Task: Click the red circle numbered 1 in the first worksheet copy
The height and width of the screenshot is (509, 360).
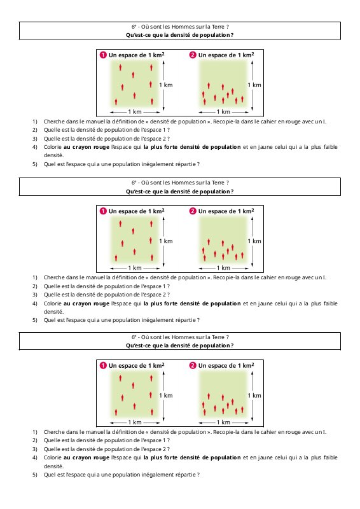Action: [x=103, y=55]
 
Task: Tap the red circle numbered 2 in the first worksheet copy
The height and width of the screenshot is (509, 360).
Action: [x=193, y=55]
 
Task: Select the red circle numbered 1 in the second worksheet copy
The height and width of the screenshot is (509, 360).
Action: [x=103, y=211]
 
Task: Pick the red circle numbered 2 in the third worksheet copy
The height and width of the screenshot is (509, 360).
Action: [x=193, y=365]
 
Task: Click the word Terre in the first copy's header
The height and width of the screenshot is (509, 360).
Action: [x=218, y=27]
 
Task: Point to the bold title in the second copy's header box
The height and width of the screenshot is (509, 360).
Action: [x=180, y=192]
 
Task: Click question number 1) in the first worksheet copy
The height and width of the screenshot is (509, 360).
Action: [x=35, y=122]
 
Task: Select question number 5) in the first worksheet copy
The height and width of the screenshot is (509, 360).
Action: [x=35, y=164]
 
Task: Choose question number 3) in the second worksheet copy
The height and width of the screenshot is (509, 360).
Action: [x=35, y=295]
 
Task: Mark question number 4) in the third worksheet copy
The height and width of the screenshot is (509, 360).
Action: [x=35, y=457]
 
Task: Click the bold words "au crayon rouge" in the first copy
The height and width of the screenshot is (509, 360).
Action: [x=87, y=147]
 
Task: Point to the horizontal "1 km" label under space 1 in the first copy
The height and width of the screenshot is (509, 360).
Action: [x=135, y=112]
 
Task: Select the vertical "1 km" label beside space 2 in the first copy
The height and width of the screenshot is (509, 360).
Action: [x=254, y=85]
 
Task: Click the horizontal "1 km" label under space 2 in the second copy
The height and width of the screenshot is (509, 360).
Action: [x=223, y=268]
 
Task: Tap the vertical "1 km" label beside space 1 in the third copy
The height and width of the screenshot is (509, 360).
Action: [x=166, y=396]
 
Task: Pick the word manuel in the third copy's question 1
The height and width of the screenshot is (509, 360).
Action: [x=95, y=432]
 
